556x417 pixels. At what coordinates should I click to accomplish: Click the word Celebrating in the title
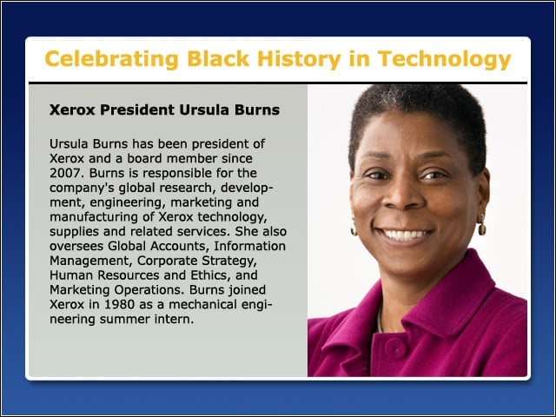(x=111, y=59)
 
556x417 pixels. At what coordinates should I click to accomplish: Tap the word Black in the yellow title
(x=218, y=58)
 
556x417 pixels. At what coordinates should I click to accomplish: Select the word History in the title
(x=299, y=59)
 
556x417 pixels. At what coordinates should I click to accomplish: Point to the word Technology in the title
(x=444, y=59)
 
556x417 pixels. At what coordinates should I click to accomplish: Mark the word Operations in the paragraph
(x=149, y=290)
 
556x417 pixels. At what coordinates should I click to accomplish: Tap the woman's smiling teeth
(x=404, y=235)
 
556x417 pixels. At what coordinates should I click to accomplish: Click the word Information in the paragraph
(x=249, y=246)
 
